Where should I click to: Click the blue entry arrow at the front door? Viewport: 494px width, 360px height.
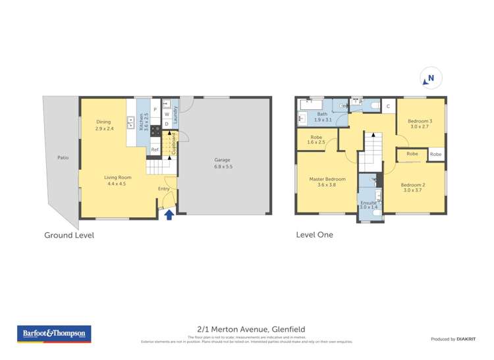(169, 214)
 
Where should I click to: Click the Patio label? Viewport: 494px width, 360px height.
(63, 158)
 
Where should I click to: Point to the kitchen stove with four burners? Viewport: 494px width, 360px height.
(155, 130)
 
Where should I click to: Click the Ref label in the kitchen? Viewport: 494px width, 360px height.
(155, 150)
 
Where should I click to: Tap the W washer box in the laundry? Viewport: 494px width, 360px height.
(167, 115)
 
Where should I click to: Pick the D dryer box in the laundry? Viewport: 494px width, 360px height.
(167, 124)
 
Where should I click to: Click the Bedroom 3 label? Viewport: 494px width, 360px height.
(420, 121)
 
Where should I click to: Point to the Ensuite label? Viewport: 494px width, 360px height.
(369, 201)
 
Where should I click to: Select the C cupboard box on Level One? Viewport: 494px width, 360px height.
(388, 106)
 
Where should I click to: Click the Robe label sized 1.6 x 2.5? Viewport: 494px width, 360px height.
(316, 139)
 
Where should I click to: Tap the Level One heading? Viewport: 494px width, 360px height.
(314, 235)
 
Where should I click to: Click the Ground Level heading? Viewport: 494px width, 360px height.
(69, 235)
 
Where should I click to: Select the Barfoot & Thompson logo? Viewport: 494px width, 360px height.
(54, 334)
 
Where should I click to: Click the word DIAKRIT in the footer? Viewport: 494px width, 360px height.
(466, 339)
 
